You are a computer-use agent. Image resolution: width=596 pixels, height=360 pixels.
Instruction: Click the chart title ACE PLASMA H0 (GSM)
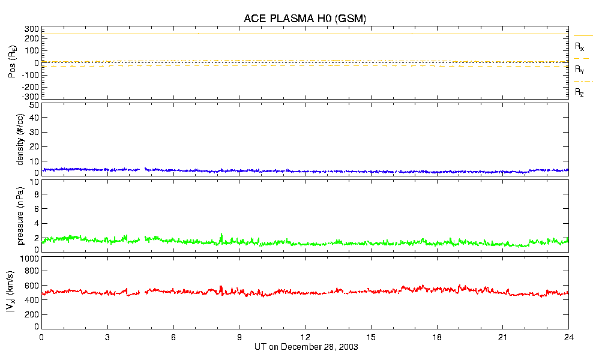pos(305,19)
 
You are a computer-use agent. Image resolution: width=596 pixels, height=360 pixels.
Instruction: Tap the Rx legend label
pos(580,47)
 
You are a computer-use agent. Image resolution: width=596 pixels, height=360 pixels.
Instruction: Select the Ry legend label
pos(580,70)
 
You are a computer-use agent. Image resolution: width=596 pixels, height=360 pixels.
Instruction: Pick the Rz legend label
pos(580,92)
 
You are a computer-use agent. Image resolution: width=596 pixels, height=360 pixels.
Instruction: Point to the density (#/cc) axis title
pos(20,139)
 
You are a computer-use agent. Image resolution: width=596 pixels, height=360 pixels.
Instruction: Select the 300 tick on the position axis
pos(32,29)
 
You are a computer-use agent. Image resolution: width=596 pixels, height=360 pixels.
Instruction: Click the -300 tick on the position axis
pos(31,97)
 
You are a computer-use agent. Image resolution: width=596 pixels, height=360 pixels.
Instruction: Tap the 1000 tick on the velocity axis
pos(29,259)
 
